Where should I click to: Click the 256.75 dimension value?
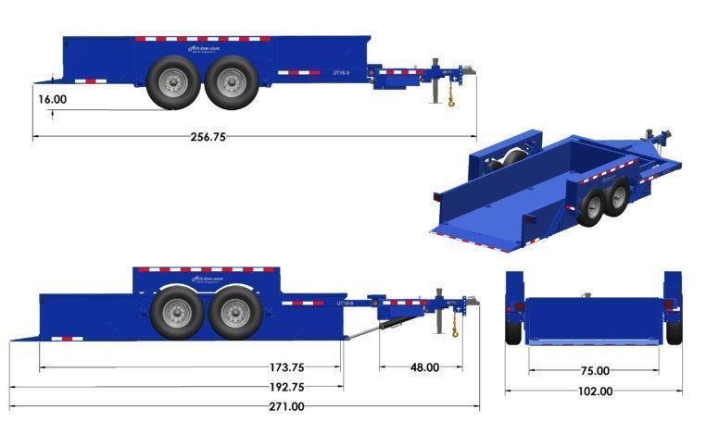208,136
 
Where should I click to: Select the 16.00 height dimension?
52,98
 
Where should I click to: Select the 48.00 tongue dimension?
424,367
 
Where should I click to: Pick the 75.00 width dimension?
595,371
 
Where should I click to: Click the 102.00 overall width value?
594,391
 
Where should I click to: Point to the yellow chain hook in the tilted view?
455,329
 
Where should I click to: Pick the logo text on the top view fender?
202,49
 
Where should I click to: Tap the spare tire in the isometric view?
501,167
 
